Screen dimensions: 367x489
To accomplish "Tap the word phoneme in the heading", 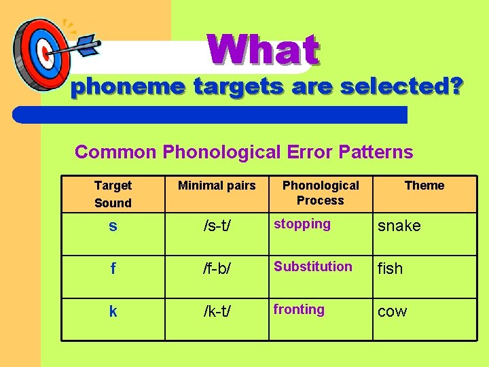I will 129,88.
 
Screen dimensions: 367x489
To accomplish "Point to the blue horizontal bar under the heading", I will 211,114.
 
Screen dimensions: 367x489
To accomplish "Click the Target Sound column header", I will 113,194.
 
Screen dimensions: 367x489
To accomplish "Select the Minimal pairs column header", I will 217,186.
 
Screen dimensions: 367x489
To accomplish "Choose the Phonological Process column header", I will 321,193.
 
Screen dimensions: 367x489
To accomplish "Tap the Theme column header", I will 424,186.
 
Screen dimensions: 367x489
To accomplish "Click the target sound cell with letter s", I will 113,226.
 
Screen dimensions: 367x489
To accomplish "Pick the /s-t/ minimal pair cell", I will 217,226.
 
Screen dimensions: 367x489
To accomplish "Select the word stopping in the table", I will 302,224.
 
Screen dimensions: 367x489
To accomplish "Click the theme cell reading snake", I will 399,226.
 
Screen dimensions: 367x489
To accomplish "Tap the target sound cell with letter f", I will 113,268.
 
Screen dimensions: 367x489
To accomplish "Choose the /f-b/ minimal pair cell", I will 217,268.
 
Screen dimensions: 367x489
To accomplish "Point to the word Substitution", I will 313,266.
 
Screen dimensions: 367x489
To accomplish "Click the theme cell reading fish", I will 391,268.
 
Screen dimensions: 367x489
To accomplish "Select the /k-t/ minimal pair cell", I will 217,311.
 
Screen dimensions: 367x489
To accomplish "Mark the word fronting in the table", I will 299,309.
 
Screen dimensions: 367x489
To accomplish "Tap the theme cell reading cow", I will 393,311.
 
